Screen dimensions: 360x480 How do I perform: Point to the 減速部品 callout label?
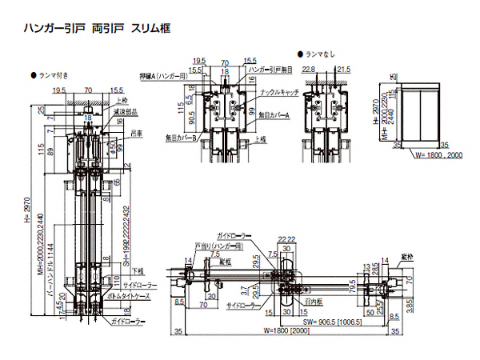coord(127,113)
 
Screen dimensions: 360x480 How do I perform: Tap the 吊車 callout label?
coord(138,134)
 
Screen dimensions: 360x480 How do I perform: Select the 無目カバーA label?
coord(273,115)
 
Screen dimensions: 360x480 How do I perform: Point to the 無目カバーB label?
coord(182,137)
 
